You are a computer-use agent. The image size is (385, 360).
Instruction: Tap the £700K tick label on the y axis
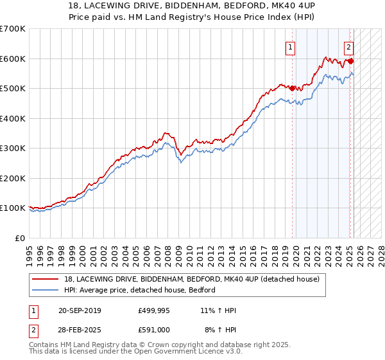13,29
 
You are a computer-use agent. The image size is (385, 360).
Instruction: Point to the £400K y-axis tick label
13,118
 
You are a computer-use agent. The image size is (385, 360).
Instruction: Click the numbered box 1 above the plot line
291,46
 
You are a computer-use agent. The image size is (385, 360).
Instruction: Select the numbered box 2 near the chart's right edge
348,46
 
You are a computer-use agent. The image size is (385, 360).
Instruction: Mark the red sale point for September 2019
292,89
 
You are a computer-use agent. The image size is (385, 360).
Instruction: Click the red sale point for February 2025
350,62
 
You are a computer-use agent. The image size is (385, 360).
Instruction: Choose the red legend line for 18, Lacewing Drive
46,279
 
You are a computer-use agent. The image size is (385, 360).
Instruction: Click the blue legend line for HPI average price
46,290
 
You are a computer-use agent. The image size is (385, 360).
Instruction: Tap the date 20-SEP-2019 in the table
80,310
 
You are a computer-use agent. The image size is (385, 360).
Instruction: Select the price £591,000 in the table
153,329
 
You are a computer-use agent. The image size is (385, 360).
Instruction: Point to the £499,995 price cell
153,310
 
